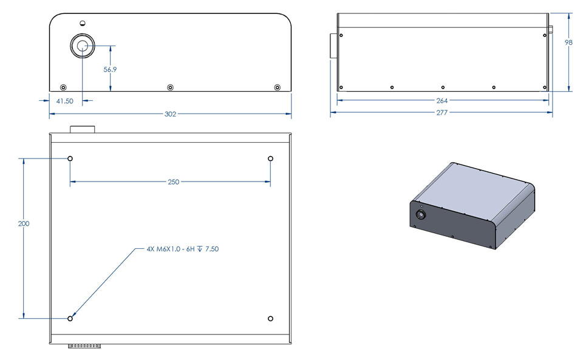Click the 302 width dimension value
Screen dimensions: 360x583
(x=170, y=114)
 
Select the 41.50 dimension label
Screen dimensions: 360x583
(x=64, y=101)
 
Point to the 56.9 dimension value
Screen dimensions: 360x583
(x=110, y=70)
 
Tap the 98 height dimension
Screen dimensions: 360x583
(x=568, y=42)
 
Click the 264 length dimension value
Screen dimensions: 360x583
(x=442, y=101)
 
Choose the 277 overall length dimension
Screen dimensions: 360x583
(x=442, y=113)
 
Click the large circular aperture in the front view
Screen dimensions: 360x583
(x=83, y=46)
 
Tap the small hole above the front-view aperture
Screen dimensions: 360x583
(x=83, y=23)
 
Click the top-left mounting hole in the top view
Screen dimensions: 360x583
(x=70, y=158)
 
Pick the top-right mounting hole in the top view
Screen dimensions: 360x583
(x=271, y=158)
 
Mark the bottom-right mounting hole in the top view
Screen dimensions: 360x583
(x=271, y=319)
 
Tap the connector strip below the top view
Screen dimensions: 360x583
(x=84, y=346)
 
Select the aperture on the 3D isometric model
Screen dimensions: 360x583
(x=420, y=215)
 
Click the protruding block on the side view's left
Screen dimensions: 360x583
(x=333, y=47)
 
